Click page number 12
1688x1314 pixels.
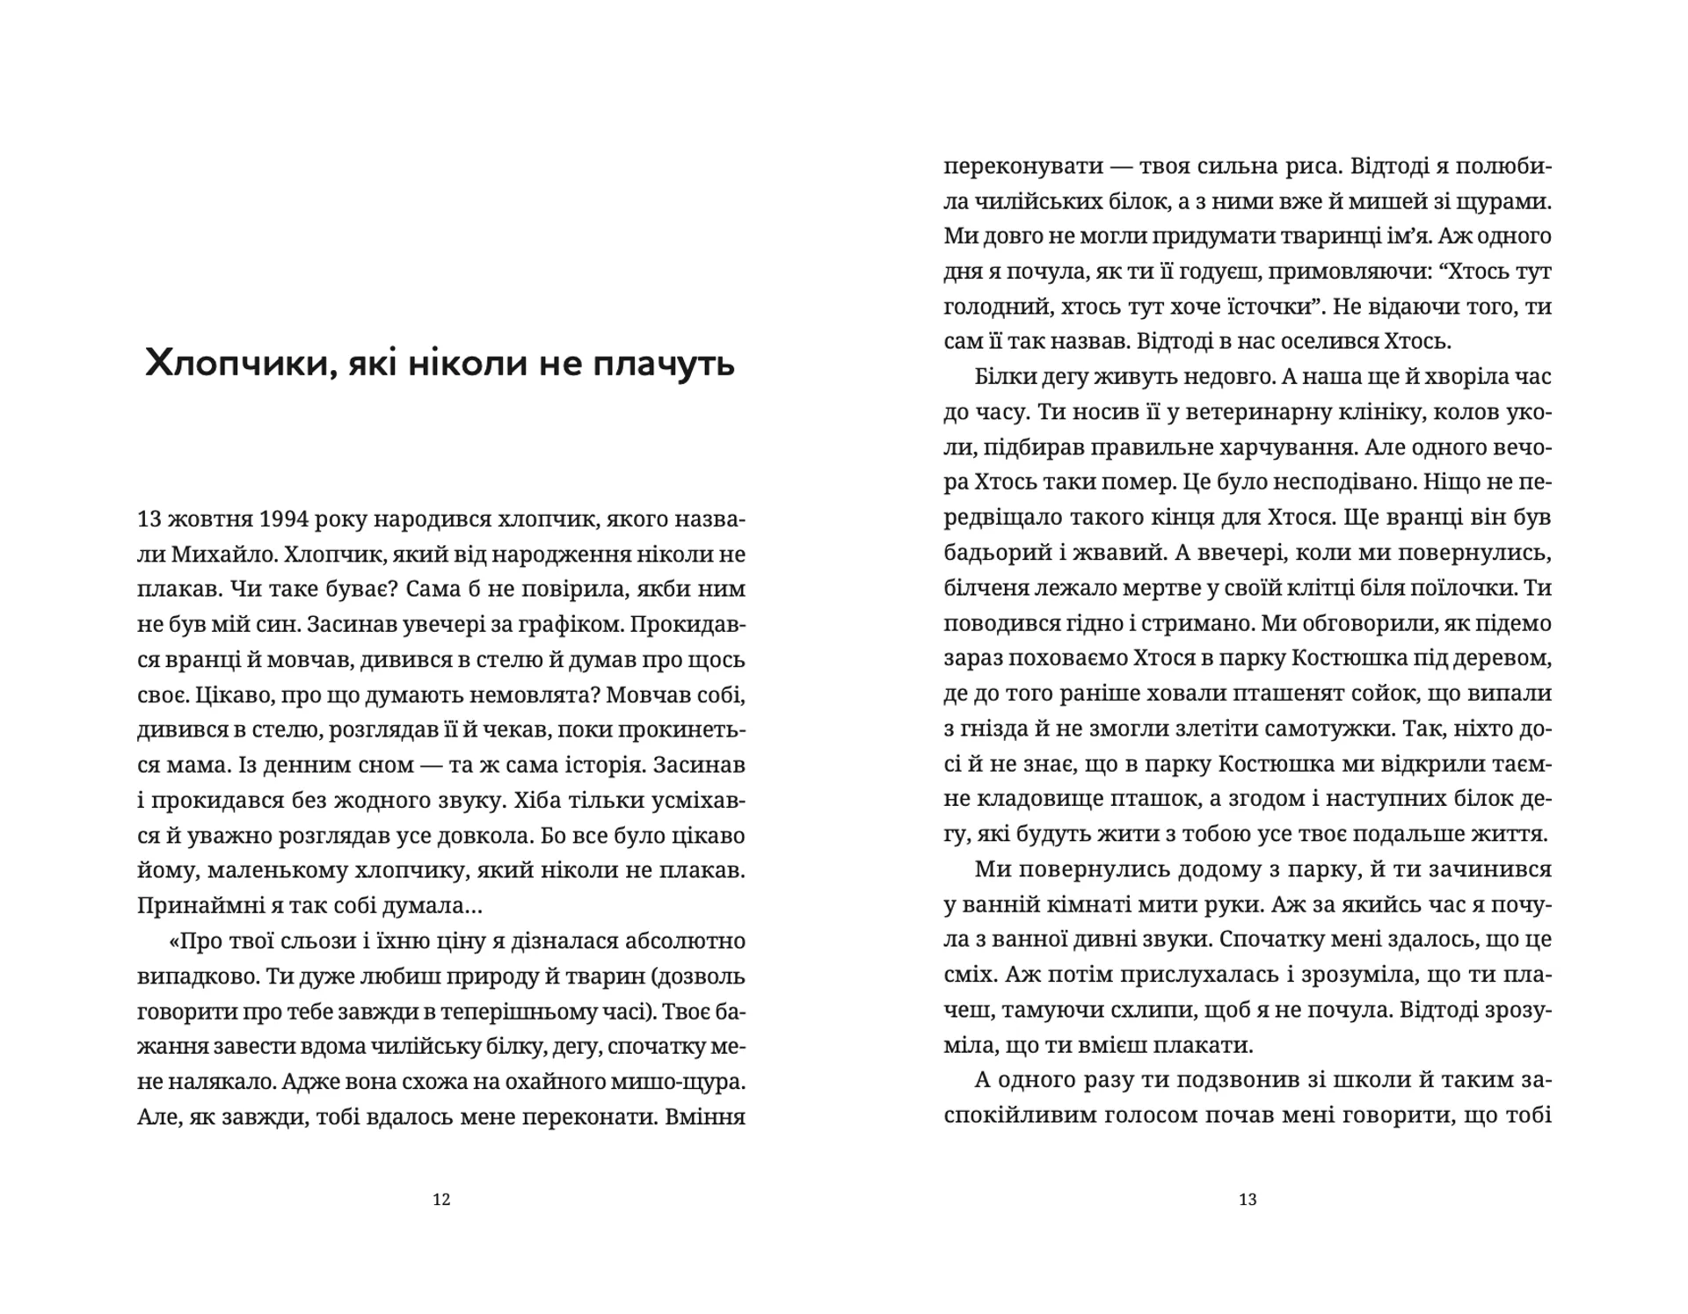441,1200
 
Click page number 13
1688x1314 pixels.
1248,1200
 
